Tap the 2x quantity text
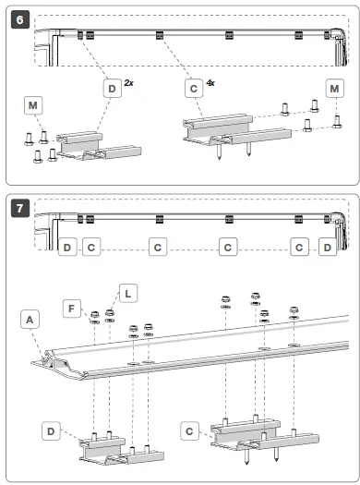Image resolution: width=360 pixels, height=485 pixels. pyautogui.click(x=128, y=83)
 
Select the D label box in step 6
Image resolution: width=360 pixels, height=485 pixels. pyautogui.click(x=111, y=89)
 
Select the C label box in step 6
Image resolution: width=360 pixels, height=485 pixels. pyautogui.click(x=192, y=89)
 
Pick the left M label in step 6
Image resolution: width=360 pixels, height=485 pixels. pyautogui.click(x=32, y=106)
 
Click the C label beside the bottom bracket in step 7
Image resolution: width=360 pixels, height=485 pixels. pyautogui.click(x=189, y=431)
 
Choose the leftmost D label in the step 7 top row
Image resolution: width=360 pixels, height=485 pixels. pyautogui.click(x=67, y=248)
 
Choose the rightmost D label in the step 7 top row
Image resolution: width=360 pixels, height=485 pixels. pyautogui.click(x=330, y=248)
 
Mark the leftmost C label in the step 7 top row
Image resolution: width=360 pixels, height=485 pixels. pyautogui.click(x=90, y=248)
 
